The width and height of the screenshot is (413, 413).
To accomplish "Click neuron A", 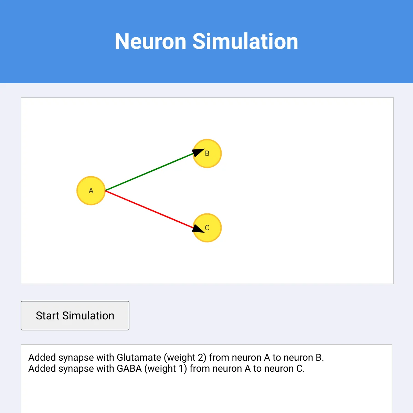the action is coord(91,191).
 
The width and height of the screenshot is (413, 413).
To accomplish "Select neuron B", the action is coord(207,153).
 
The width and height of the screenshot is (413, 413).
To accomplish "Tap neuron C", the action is coord(207,227).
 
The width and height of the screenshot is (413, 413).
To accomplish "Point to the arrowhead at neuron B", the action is coord(198,152).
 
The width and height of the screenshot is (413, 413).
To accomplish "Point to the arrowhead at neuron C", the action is coord(198,229).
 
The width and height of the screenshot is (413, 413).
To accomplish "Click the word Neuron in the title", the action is coord(150,41).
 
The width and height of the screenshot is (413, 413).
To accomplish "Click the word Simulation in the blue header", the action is coord(245,41).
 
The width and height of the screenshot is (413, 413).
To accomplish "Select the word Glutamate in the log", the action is coord(139,357).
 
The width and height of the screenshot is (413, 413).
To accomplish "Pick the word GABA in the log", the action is coord(129,368).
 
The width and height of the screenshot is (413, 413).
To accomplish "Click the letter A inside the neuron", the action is coord(91,191).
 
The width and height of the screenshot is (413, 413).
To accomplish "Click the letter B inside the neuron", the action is coord(207,153).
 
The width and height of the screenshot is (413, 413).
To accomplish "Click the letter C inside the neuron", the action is coord(207,227).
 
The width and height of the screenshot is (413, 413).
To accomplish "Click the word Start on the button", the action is coord(47,316).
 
